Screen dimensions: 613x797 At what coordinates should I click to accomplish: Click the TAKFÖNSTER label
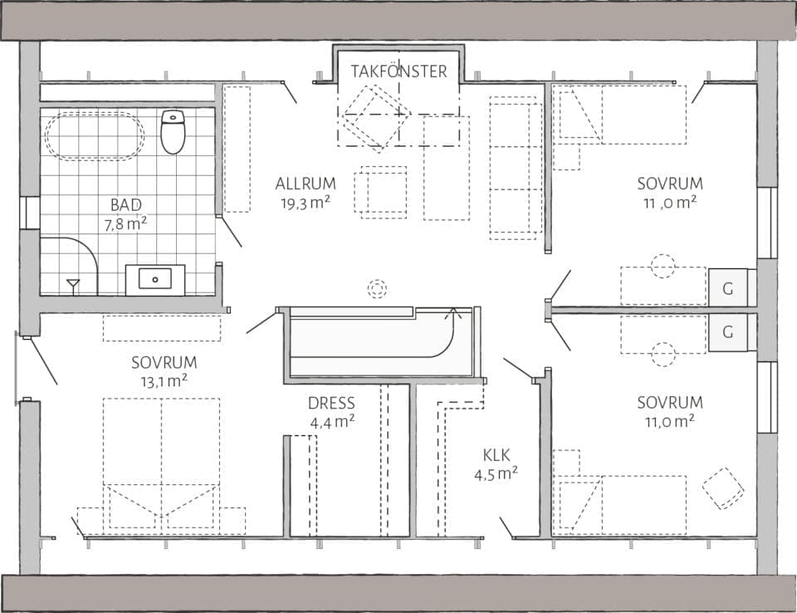pyautogui.click(x=398, y=71)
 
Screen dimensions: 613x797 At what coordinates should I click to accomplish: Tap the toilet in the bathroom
pyautogui.click(x=173, y=132)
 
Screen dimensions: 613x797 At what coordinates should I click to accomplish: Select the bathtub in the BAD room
pyautogui.click(x=95, y=135)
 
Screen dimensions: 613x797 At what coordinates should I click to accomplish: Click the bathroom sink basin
pyautogui.click(x=155, y=278)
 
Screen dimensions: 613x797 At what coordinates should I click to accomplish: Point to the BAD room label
pyautogui.click(x=125, y=204)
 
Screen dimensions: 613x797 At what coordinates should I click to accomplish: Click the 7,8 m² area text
pyautogui.click(x=125, y=223)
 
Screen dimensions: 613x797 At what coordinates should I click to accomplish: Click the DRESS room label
pyautogui.click(x=331, y=404)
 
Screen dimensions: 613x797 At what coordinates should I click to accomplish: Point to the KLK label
pyautogui.click(x=496, y=454)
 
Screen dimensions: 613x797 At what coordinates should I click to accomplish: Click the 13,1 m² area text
pyautogui.click(x=164, y=381)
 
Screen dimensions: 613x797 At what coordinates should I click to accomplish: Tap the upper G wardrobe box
pyautogui.click(x=728, y=289)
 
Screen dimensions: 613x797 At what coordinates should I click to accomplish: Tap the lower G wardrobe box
pyautogui.click(x=728, y=332)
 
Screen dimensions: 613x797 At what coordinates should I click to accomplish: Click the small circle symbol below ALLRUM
pyautogui.click(x=378, y=288)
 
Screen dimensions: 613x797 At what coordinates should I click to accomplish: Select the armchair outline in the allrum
pyautogui.click(x=382, y=192)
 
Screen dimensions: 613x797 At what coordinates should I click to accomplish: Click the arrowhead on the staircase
pyautogui.click(x=452, y=315)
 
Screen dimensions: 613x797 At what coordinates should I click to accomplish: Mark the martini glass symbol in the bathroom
pyautogui.click(x=73, y=286)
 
